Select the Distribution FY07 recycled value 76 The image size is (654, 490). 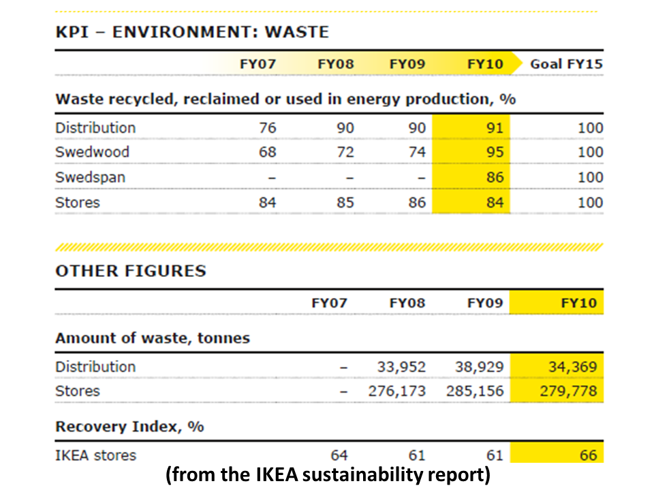[x=267, y=128]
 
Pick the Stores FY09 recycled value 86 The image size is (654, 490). [x=416, y=202]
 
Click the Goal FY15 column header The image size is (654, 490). [x=567, y=65]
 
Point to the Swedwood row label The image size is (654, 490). [x=92, y=152]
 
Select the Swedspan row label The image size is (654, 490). [x=90, y=177]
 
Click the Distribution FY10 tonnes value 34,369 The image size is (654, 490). [x=572, y=367]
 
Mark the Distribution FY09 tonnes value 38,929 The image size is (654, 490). [x=479, y=367]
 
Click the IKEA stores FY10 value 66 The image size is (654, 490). [x=587, y=455]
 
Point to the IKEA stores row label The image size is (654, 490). [x=95, y=455]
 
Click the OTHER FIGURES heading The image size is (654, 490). [x=130, y=271]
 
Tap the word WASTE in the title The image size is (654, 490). [x=296, y=32]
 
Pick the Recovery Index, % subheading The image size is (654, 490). [x=129, y=427]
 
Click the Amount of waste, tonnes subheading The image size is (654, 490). [x=152, y=338]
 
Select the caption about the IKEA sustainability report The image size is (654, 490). [x=327, y=476]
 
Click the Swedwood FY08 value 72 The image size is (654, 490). [x=345, y=152]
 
